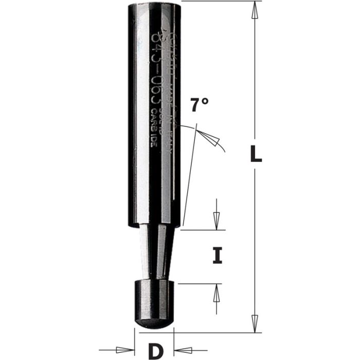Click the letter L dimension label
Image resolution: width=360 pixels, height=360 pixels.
tap(256, 154)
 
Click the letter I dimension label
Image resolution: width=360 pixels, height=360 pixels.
tap(218, 256)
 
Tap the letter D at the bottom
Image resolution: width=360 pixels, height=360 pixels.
tap(154, 351)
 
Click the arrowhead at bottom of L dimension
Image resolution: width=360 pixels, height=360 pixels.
tap(254, 321)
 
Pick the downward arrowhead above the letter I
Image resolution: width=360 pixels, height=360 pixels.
tap(217, 220)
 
